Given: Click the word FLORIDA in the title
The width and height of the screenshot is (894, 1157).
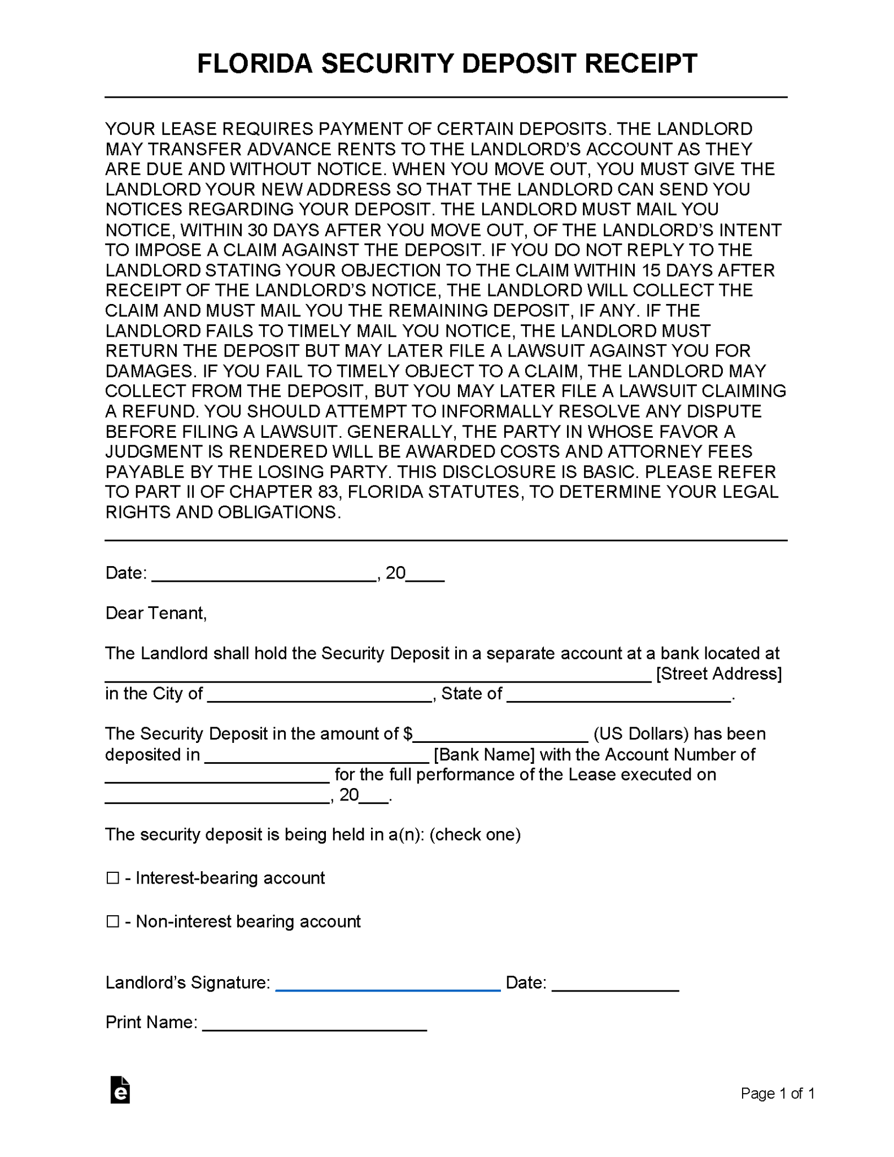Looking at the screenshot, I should click(254, 63).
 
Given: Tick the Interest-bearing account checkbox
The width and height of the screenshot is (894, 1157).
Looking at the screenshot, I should click(113, 878).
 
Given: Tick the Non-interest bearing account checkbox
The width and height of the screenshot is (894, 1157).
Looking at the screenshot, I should click(113, 921).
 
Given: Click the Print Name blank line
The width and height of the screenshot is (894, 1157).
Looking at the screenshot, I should click(314, 1024).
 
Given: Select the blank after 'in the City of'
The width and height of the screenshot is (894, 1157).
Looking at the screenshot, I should click(320, 695).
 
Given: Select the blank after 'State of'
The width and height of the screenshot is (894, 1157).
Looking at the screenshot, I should click(619, 695).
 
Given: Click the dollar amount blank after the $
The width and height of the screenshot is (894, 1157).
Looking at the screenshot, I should click(500, 736).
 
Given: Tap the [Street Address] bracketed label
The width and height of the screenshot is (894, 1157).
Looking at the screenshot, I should click(718, 673).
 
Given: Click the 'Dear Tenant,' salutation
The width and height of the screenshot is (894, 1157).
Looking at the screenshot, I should click(156, 613).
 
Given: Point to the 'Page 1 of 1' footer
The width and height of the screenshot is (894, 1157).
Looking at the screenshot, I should click(777, 1094).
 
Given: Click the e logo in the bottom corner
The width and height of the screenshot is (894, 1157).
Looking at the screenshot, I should click(120, 1090).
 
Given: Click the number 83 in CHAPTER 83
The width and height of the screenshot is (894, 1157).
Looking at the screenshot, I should click(328, 492).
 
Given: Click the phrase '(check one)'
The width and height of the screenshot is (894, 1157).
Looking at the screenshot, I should click(474, 834).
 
